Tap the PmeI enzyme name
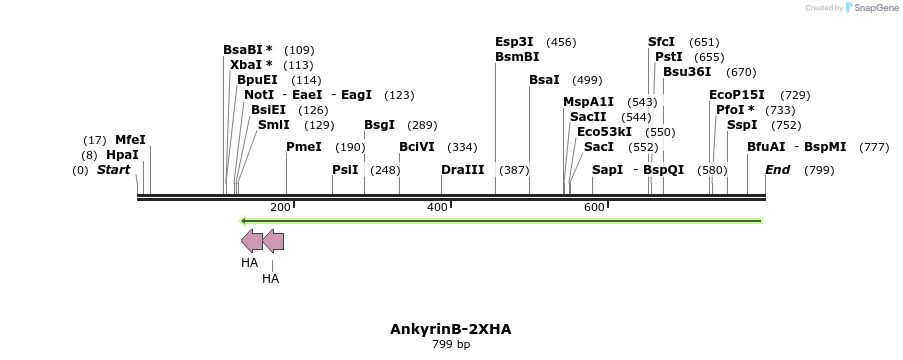tap(304, 146)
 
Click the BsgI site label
tap(379, 125)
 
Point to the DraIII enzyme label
tap(462, 170)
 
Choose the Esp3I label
tap(514, 42)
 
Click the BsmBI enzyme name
tap(517, 57)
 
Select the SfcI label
tap(661, 42)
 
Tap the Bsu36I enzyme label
tap(687, 72)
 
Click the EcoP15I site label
tap(737, 95)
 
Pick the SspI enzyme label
tap(742, 125)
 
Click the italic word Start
tap(113, 170)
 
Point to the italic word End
tap(777, 170)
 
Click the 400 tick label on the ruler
tap(437, 207)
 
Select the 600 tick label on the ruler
tap(594, 207)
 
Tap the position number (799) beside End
tap(819, 170)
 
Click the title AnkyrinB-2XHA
tap(450, 329)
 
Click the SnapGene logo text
tap(876, 8)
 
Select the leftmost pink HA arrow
tap(251, 240)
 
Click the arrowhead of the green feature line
tap(244, 221)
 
